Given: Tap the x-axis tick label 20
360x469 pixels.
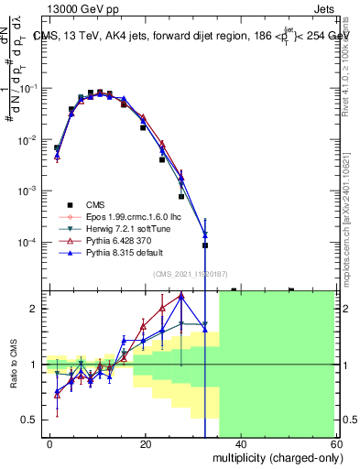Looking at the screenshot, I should click(146, 443).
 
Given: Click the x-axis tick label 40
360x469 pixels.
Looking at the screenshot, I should click(240, 443).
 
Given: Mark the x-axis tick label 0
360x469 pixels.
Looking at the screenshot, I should click(50, 443).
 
